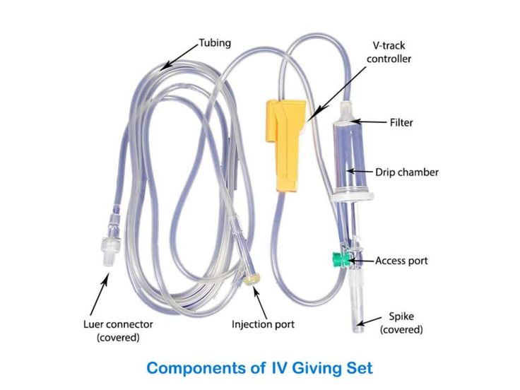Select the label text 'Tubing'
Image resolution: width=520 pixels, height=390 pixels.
[x=215, y=43]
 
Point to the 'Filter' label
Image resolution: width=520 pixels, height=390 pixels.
[x=401, y=122]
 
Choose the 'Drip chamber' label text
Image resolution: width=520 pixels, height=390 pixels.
[x=406, y=172]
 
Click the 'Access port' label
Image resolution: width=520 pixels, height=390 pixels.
[x=401, y=261]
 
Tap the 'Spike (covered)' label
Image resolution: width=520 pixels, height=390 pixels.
[x=401, y=323]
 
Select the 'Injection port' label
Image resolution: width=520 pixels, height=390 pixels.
[x=263, y=325]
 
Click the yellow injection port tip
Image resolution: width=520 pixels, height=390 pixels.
[x=250, y=280]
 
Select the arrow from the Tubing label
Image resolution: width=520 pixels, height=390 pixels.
[x=179, y=56]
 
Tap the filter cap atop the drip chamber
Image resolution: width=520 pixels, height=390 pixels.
[x=347, y=113]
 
